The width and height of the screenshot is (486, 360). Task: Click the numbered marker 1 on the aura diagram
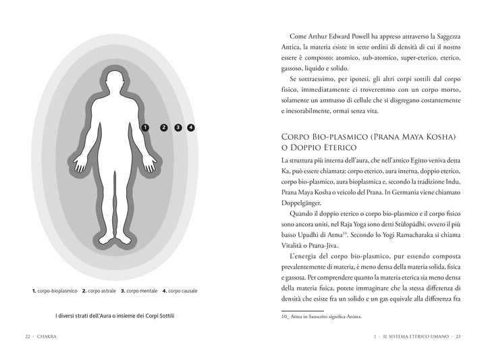pyautogui.click(x=145, y=127)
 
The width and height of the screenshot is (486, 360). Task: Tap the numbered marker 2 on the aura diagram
pyautogui.click(x=164, y=127)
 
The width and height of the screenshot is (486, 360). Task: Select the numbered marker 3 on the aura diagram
pyautogui.click(x=178, y=127)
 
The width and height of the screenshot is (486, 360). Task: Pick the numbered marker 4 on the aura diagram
pyautogui.click(x=191, y=127)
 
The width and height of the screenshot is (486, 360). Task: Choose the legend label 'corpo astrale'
pyautogui.click(x=102, y=291)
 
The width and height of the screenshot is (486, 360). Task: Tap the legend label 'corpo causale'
pyautogui.click(x=183, y=291)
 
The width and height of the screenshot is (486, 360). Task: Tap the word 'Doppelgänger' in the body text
pyautogui.click(x=301, y=203)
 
